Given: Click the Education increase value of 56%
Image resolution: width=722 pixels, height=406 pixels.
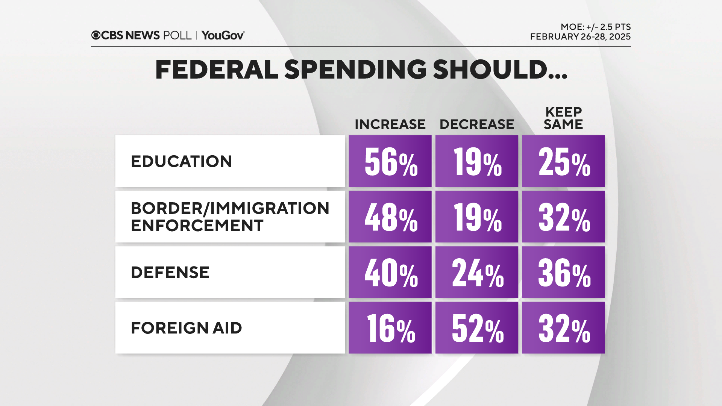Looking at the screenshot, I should [390, 162].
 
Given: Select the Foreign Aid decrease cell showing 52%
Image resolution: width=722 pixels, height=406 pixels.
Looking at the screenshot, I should [477, 328].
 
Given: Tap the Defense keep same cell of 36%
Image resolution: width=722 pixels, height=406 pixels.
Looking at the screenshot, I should [563, 273].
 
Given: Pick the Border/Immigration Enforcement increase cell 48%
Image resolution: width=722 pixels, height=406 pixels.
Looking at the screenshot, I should [390, 217].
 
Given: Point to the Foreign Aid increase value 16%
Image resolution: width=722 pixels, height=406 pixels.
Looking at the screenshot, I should [390, 328].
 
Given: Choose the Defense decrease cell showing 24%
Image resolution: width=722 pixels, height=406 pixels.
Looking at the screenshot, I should [477, 273].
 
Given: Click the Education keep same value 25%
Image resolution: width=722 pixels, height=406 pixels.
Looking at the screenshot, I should [563, 162].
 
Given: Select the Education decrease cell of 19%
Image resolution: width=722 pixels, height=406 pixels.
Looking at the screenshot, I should [477, 162].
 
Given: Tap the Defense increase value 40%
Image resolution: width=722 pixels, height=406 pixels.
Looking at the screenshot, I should [390, 273].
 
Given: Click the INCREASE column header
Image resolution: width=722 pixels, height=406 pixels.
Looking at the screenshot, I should [390, 124].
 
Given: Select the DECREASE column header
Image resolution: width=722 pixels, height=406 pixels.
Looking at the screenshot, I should [476, 124].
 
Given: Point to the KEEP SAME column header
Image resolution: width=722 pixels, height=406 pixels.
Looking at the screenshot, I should [563, 118].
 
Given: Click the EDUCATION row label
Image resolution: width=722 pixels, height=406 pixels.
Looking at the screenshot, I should [181, 162].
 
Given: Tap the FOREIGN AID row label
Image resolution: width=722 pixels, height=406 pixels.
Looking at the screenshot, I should [186, 328].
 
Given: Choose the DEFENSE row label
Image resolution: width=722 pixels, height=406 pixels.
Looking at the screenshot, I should [170, 273].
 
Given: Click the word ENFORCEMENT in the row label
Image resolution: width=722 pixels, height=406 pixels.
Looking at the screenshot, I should [197, 226].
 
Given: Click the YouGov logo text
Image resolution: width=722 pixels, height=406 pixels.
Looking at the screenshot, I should [223, 35].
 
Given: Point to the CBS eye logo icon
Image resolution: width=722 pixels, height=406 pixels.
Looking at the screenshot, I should [96, 35].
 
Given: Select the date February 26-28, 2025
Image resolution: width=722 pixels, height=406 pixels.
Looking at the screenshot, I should [580, 37].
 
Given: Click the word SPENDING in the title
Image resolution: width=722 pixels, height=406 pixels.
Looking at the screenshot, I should [355, 70].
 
